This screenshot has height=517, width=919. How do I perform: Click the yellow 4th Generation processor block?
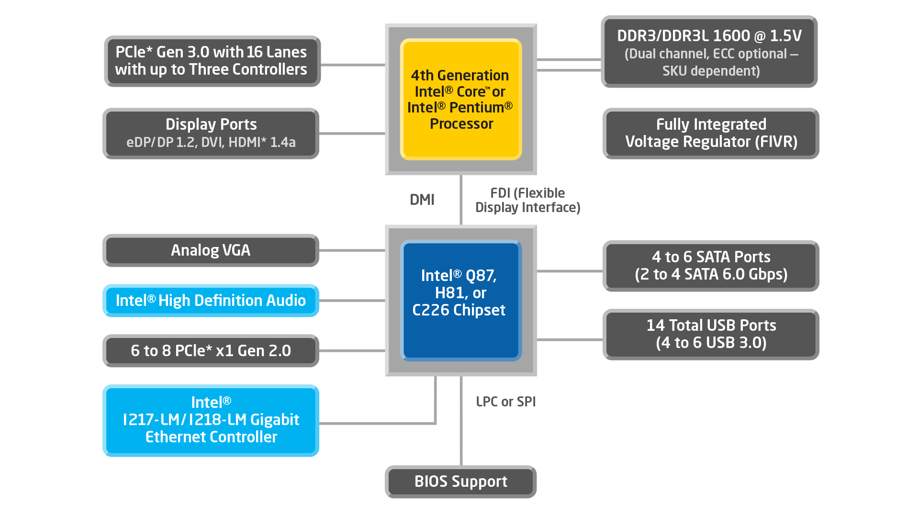point(460,99)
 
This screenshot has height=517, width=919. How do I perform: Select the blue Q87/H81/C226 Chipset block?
point(460,300)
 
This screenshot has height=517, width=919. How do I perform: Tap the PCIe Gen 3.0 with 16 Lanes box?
point(212,61)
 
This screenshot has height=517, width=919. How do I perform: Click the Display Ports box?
point(211,133)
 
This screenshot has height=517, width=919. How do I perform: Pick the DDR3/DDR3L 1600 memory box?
point(709,52)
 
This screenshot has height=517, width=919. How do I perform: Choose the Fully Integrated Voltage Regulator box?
point(711,133)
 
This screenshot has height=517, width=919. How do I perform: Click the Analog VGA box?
point(211,250)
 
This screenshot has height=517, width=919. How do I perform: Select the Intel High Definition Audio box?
point(211,301)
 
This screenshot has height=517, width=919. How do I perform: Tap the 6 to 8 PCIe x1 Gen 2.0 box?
point(211,351)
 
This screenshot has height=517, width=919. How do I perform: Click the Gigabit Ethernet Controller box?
point(211,420)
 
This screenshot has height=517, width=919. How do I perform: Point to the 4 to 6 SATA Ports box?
point(711,266)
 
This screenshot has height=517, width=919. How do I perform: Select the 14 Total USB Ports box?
point(711,334)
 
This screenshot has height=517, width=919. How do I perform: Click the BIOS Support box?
point(460,482)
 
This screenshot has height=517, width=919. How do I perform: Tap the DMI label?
point(422,200)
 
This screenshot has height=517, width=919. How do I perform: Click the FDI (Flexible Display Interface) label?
point(527,200)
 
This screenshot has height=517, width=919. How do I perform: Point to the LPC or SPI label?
point(505,402)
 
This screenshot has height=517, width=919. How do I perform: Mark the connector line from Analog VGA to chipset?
point(352,250)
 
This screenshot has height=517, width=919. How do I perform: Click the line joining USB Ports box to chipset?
point(570,339)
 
